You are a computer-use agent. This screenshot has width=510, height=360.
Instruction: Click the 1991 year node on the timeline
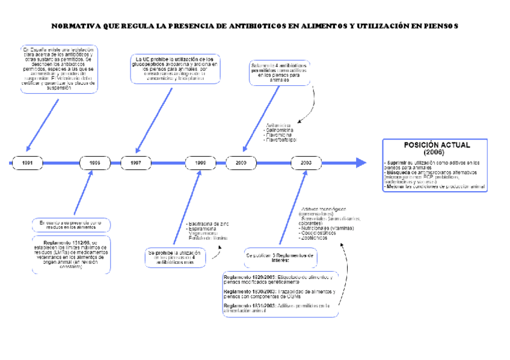(28, 163)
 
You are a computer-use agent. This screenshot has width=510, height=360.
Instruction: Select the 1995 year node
(95, 163)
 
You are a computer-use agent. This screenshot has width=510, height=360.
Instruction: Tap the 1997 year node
(136, 163)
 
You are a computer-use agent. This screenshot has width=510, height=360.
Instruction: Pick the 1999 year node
(201, 163)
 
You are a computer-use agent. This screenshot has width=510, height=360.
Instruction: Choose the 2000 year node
(241, 163)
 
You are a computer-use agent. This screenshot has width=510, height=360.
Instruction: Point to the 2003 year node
(306, 163)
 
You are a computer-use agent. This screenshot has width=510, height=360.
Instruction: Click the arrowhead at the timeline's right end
(361, 163)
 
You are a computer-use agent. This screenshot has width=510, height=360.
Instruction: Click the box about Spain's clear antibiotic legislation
(59, 68)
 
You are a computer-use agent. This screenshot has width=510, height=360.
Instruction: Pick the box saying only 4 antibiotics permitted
(279, 72)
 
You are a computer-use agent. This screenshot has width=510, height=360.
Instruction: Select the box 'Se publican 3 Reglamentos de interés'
(280, 257)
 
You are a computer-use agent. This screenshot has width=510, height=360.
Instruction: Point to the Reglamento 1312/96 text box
(72, 255)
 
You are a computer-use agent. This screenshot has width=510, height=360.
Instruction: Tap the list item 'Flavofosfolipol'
(280, 140)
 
